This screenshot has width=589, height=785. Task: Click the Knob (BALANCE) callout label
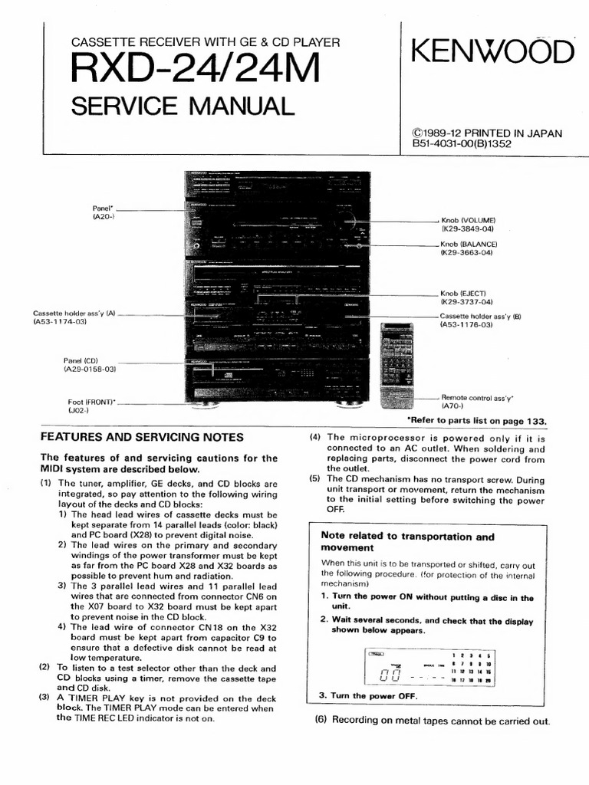click(x=468, y=244)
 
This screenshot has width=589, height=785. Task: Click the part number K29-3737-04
click(x=466, y=302)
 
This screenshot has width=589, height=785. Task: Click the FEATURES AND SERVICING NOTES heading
click(x=141, y=437)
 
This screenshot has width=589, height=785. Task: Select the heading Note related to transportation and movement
click(x=407, y=542)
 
